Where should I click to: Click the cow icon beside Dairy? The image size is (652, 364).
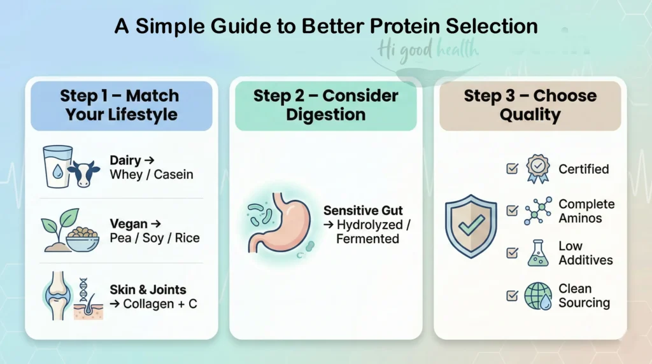pos(83,174)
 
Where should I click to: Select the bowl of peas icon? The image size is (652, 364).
pos(83,237)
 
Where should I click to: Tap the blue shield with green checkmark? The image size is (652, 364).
pos(470,225)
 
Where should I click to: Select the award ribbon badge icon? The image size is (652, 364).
pos(537,169)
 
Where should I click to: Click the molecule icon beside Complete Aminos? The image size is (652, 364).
pos(537,211)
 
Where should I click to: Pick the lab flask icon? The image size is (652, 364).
pos(537,253)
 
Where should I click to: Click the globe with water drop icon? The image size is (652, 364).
pos(538,296)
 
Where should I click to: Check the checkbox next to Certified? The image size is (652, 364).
pos(511,169)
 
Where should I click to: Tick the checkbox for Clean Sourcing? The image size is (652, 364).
pos(511,295)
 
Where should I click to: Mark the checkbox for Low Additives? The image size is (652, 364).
pos(511,253)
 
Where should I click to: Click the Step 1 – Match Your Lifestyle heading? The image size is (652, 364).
pos(120,105)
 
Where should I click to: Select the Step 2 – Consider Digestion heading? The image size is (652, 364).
pos(325,105)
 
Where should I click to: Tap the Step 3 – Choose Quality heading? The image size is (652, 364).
pos(530,105)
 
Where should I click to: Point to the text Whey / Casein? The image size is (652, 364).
pos(151,175)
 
